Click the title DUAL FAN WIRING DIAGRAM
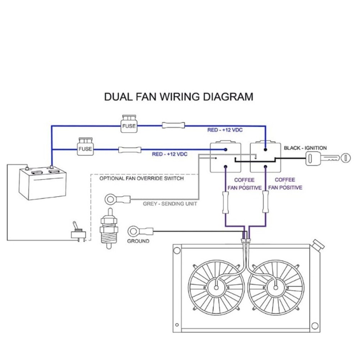[178, 97]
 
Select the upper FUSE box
[129, 125]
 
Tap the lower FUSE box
[85, 147]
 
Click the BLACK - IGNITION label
[305, 148]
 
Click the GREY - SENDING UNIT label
[170, 204]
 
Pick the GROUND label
[138, 241]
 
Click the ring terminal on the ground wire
[134, 230]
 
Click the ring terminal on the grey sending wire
[110, 198]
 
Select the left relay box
[225, 157]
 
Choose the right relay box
[265, 157]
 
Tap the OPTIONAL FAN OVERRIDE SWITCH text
[141, 178]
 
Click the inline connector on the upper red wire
[173, 126]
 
